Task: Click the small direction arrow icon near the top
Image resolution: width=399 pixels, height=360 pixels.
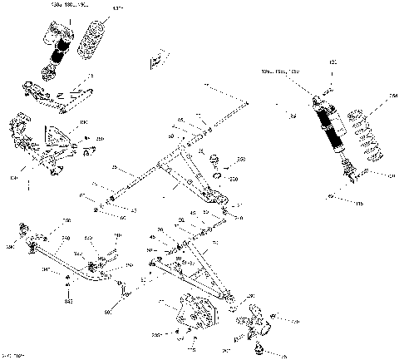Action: (x=154, y=62)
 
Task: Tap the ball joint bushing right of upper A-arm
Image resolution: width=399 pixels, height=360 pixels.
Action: (x=214, y=158)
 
